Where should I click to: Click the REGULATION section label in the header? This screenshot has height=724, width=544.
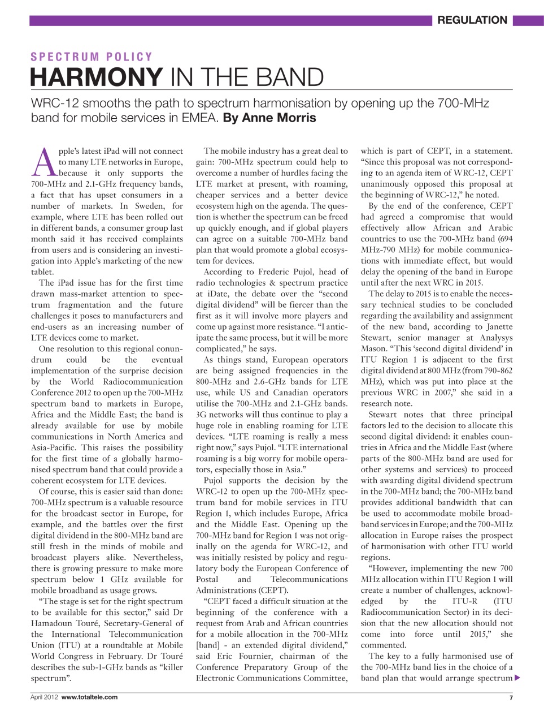coord(472,20)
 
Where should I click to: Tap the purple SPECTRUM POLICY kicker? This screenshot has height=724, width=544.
coord(92,57)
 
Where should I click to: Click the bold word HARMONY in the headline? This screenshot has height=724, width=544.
coord(96,77)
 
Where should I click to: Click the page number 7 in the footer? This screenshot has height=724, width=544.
coord(511,698)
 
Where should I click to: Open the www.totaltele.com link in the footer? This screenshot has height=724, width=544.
coord(89,697)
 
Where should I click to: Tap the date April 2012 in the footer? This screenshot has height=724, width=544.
coord(44,697)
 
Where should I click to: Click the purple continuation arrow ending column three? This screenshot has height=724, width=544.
coord(517,678)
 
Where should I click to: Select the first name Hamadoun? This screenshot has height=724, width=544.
coord(55,623)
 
